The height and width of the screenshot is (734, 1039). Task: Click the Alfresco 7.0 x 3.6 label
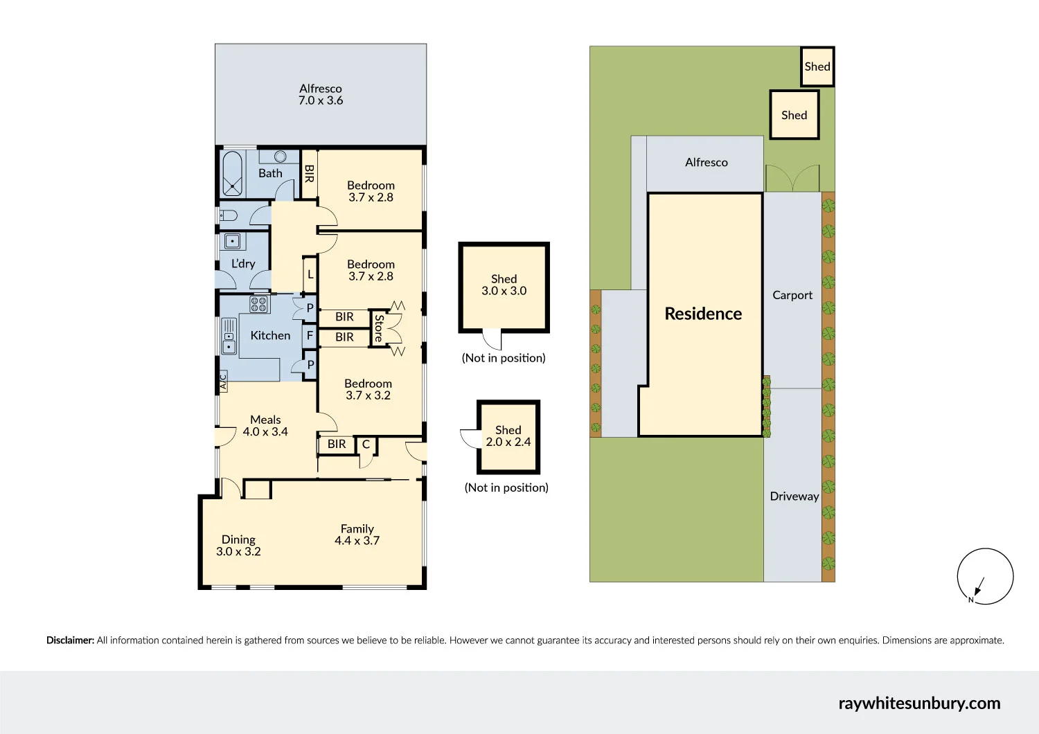pos(320,94)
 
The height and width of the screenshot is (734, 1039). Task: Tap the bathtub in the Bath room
pos(232,173)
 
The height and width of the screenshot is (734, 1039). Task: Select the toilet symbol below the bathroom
pos(229,215)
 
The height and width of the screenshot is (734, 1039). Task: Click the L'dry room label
pos(243,264)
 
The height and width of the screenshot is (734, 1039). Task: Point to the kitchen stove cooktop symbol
pos(259,304)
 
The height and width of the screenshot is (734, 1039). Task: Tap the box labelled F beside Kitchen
pos(310,337)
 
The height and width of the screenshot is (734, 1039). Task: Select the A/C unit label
pos(223,381)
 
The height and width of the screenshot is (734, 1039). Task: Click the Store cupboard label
pos(378,328)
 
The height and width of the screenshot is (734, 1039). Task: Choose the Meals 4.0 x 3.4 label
pos(265,426)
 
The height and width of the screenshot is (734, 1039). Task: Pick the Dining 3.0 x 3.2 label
pos(238,546)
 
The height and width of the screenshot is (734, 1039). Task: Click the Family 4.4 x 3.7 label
pos(357,535)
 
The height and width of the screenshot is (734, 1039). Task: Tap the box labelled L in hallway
pos(310,275)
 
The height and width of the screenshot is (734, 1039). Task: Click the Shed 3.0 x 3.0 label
pos(504,285)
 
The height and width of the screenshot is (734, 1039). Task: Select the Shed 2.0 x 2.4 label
pos(508,436)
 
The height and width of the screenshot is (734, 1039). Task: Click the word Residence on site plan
pos(703,314)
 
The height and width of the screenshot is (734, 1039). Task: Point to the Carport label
pos(792,295)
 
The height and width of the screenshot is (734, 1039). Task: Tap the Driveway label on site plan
pos(794,496)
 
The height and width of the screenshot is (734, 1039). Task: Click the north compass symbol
pos(985,576)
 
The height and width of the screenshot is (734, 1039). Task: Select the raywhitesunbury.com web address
pos(919,704)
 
